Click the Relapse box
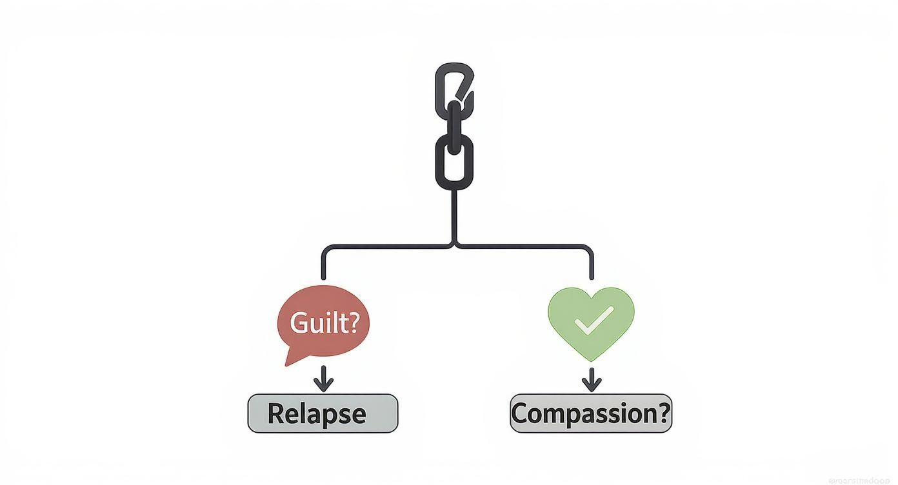coord(323,413)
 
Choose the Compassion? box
coord(590,413)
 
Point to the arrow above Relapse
coord(323,381)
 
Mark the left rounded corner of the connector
coord(325,249)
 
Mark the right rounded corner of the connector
coord(588,249)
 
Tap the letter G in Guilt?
coord(299,322)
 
